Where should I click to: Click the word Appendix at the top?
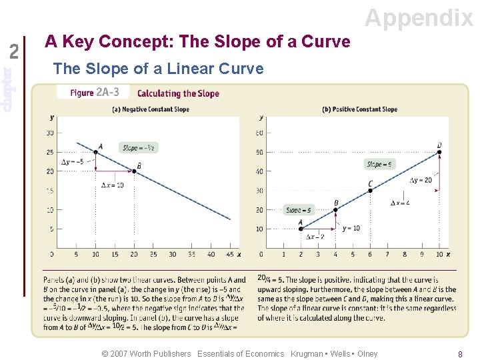coord(419,18)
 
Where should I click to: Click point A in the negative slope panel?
coord(95,152)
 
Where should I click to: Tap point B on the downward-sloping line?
coord(134,171)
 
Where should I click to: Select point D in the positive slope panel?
coord(440,152)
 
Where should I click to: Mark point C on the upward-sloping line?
coord(370,191)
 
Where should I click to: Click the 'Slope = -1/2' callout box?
coord(139,147)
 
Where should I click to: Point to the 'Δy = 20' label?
coord(421,180)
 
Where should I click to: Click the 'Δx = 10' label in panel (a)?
coord(112,185)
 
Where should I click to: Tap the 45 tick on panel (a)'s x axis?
coord(230,254)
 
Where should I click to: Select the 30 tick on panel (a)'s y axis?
coord(50,133)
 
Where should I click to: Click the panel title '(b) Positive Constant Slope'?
coord(359,109)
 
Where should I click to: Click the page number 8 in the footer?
coord(460,355)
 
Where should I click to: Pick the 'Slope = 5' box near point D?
coord(379,164)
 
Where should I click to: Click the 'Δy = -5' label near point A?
coord(73,161)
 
